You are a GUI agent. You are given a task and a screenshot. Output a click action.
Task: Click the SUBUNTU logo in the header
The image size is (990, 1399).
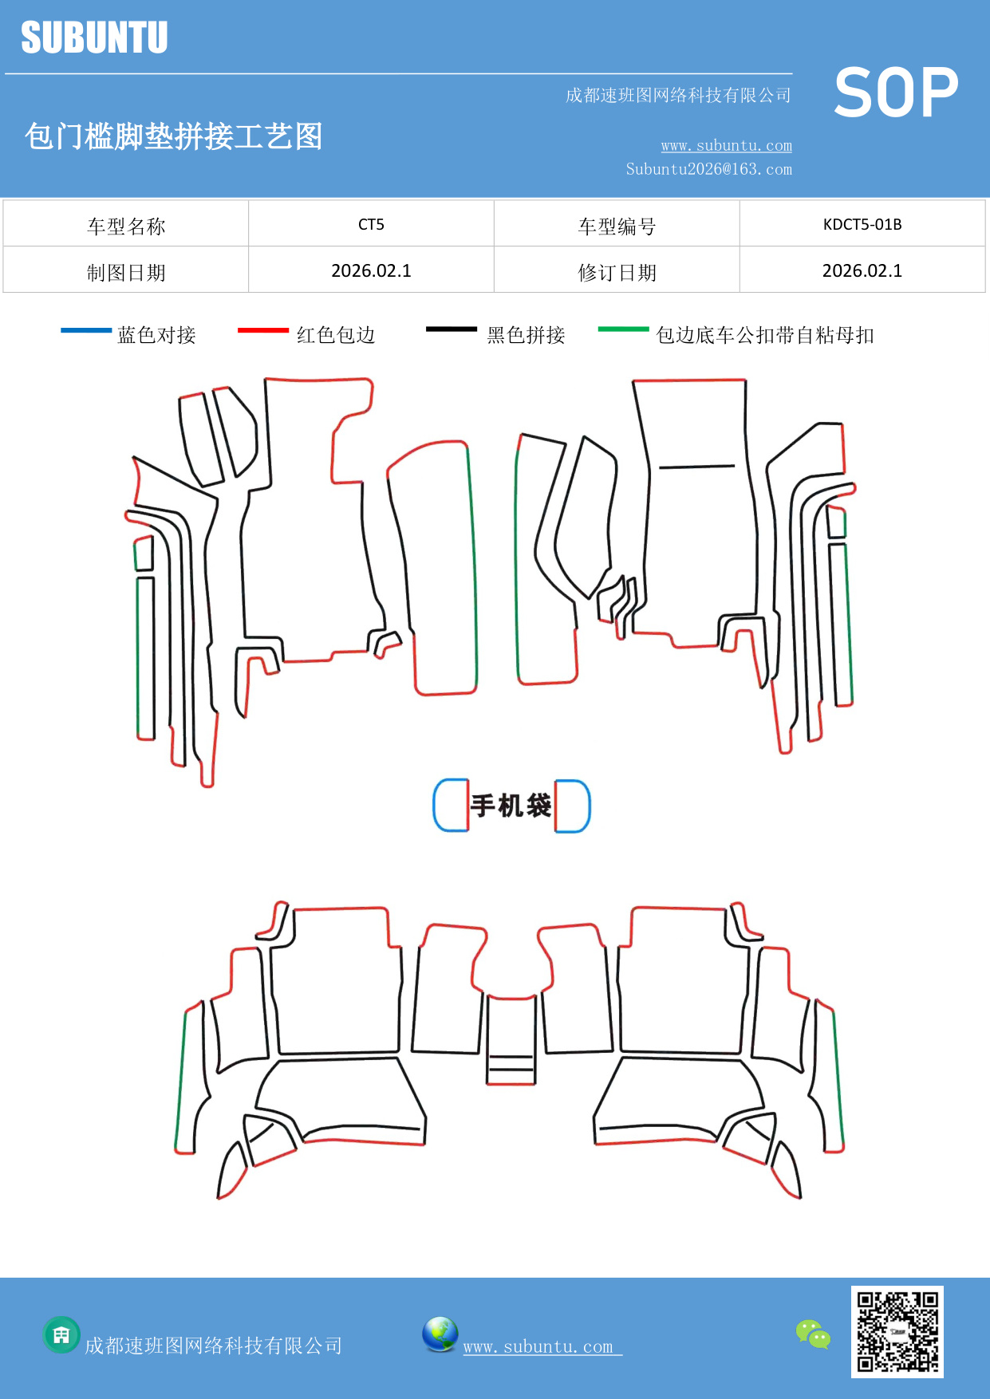(x=94, y=37)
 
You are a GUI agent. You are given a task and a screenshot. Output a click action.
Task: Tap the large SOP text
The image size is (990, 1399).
(x=896, y=93)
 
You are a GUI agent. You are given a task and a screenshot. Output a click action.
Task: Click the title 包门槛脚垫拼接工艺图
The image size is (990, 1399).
(x=174, y=136)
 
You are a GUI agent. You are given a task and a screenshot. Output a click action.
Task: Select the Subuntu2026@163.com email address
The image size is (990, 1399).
(x=708, y=169)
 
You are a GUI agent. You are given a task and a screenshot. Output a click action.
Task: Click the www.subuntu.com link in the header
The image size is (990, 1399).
(x=726, y=145)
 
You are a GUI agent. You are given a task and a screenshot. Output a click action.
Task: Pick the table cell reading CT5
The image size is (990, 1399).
(x=371, y=224)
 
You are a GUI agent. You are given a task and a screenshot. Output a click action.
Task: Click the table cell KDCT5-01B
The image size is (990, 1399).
(x=862, y=224)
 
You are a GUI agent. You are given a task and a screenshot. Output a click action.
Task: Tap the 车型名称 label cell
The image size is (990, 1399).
(x=126, y=227)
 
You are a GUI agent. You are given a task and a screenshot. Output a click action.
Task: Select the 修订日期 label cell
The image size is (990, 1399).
(x=617, y=273)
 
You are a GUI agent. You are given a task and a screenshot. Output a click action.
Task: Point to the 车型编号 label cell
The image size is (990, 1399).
(x=617, y=227)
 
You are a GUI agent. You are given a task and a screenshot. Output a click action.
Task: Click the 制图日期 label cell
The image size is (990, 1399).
(x=126, y=273)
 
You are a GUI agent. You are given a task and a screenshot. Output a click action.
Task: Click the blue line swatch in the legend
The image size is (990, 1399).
(x=86, y=330)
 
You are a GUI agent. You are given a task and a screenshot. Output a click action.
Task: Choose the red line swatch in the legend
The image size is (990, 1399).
(x=263, y=330)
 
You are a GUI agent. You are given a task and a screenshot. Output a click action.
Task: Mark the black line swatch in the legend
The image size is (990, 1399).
(x=452, y=329)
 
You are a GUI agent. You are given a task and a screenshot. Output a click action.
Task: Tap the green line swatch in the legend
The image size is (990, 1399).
(x=623, y=329)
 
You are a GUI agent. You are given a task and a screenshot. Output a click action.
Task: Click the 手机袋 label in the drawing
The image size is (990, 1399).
(x=511, y=806)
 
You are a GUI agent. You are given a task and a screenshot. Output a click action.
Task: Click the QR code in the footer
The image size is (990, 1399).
(x=897, y=1332)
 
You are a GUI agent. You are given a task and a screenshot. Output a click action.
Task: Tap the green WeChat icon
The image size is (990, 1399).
(x=813, y=1334)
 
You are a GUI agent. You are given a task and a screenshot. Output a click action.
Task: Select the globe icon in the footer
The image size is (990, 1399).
(x=440, y=1334)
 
